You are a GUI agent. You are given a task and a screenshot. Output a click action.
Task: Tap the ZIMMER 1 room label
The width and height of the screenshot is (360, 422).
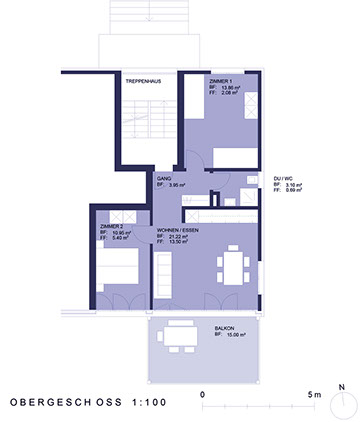pyautogui.click(x=221, y=79)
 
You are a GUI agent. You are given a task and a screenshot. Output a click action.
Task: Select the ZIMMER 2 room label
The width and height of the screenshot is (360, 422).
pyautogui.click(x=111, y=227)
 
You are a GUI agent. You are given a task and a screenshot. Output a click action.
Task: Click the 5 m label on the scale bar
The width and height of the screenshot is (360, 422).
pyautogui.click(x=314, y=395)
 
